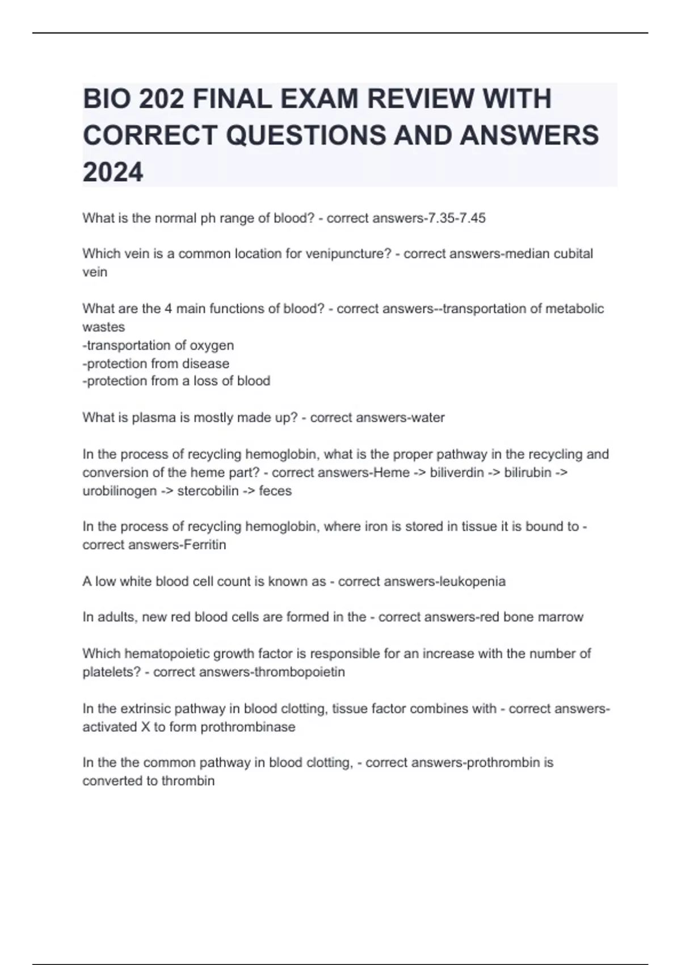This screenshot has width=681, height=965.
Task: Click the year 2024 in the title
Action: (113, 171)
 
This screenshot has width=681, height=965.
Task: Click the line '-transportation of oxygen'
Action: (158, 345)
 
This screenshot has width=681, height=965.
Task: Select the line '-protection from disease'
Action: (156, 363)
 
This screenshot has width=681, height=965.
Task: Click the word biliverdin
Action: (457, 472)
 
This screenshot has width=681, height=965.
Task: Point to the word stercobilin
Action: (208, 490)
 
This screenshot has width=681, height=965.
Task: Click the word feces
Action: (275, 490)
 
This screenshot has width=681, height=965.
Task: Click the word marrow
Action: (560, 617)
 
